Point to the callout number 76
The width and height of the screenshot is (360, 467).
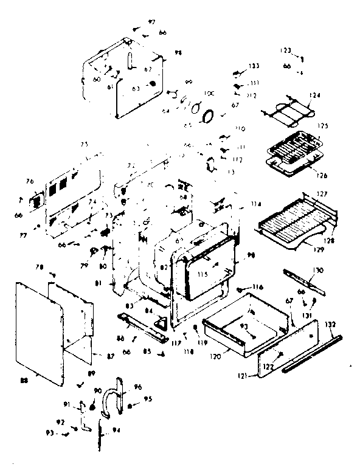(x=29, y=181)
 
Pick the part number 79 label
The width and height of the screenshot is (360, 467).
(x=84, y=266)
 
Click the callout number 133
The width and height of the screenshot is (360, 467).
(x=254, y=66)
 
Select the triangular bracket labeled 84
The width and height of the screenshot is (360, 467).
(x=162, y=324)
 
